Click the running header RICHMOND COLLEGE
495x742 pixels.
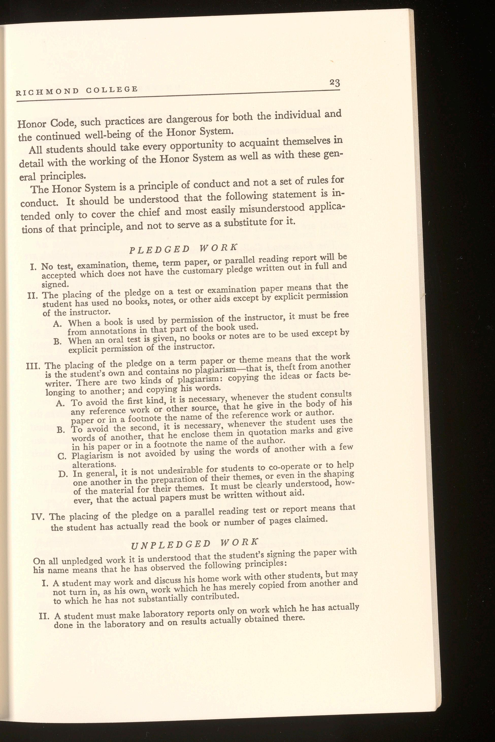[x=77, y=90]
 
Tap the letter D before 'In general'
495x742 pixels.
[x=62, y=474]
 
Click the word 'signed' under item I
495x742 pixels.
[x=54, y=284]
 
